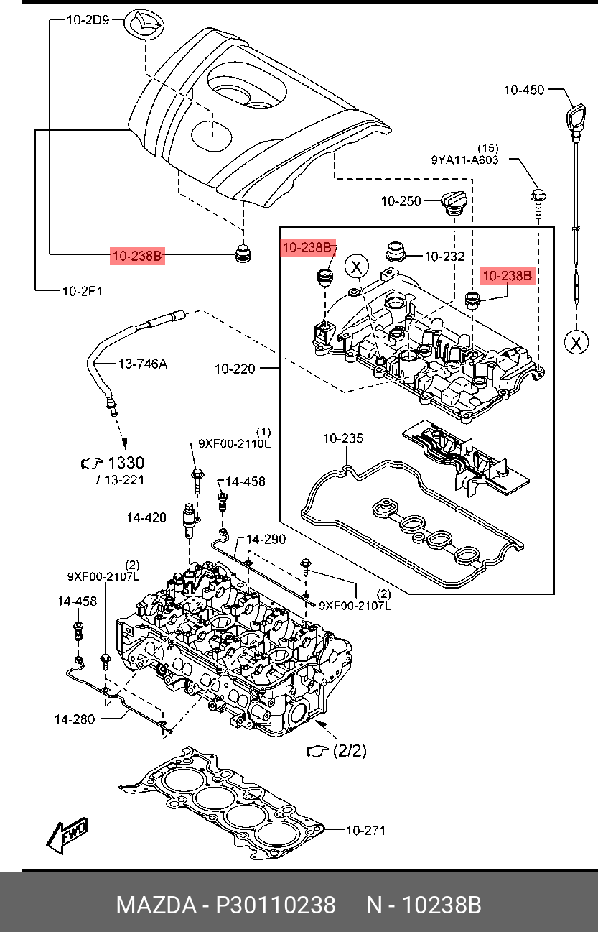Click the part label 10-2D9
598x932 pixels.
pos(88,21)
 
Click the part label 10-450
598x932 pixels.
pos(523,90)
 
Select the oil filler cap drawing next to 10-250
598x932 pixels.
pos(453,202)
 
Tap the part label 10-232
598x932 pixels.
pos(444,256)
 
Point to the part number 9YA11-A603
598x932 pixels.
pos(464,160)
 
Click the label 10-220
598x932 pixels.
pos(235,369)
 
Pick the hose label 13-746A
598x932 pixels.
pos(142,364)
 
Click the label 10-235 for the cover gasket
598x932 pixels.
pos(342,438)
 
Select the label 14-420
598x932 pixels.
pos(146,517)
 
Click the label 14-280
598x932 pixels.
pos(74,718)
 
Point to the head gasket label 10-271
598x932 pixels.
pos(365,831)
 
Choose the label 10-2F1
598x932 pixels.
pos(82,291)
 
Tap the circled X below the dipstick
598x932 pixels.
pos(576,342)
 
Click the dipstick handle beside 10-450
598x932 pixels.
pos(576,117)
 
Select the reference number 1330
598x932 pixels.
pos(125,463)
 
